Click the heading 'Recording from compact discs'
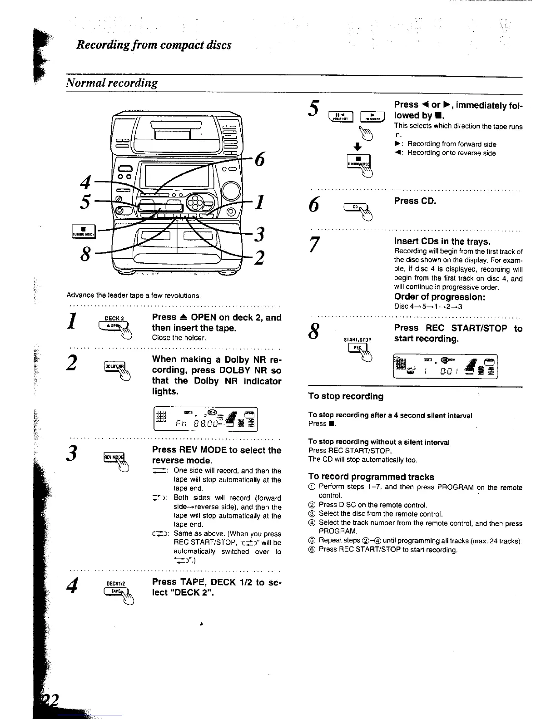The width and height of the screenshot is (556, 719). pos(154,45)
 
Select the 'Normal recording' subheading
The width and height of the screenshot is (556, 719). pos(112,83)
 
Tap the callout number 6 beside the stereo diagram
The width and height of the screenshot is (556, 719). pos(260,160)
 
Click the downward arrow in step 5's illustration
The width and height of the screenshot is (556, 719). pos(357,147)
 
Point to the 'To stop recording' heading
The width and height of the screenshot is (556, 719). pos(346,396)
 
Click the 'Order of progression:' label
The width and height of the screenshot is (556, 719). pos(440,297)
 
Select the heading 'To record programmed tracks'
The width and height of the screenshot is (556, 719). pos(371,477)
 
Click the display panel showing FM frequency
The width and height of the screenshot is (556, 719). pos(206,419)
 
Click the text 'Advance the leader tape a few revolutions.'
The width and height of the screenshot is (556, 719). pos(134,295)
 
